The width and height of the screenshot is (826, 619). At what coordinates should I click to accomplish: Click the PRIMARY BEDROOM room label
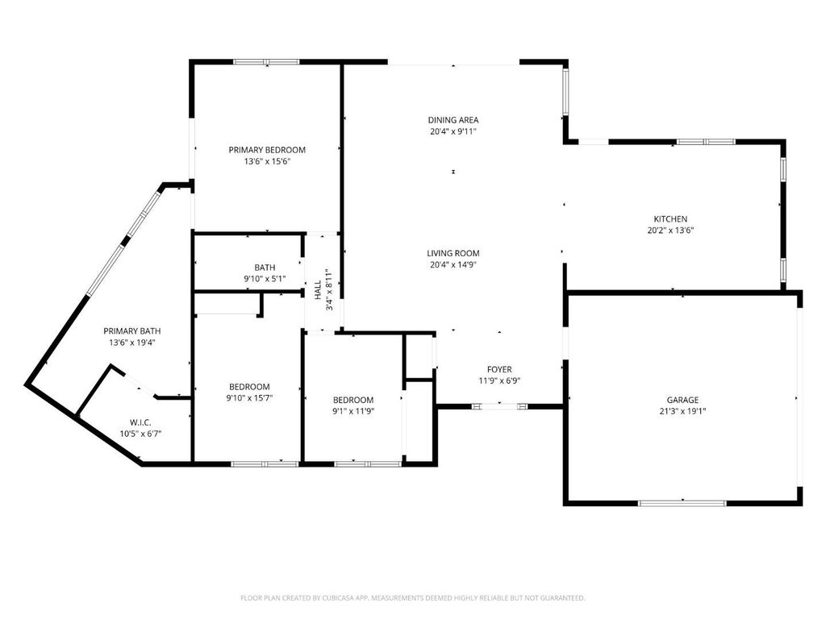(267, 150)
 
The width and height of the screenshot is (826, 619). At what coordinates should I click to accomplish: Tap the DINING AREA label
(453, 120)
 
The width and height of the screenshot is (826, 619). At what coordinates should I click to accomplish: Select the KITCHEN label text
(670, 219)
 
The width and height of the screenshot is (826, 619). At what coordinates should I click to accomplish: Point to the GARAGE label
(682, 400)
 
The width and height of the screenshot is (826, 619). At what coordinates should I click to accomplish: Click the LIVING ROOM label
(453, 253)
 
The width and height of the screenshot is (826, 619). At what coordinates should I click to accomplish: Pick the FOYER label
(499, 369)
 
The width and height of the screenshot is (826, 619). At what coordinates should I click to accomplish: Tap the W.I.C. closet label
(140, 422)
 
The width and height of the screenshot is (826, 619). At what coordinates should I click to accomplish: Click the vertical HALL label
(318, 290)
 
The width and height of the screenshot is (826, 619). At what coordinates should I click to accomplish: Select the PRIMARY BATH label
(131, 331)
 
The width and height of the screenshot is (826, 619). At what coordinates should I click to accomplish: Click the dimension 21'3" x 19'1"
(682, 412)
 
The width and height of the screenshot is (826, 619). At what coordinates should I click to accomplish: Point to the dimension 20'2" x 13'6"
(670, 231)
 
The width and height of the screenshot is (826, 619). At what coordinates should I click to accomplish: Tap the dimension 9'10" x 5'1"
(265, 279)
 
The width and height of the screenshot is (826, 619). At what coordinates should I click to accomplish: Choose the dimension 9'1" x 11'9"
(353, 412)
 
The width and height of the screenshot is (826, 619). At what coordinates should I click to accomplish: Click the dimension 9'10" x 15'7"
(249, 398)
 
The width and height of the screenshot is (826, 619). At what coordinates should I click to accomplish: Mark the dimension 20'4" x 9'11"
(453, 131)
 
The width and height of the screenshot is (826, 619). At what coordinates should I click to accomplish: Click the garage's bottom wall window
(682, 504)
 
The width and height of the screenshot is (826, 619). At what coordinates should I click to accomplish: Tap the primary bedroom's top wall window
(266, 62)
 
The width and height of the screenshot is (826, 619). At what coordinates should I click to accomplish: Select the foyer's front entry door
(499, 406)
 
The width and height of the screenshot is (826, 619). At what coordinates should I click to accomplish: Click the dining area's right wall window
(565, 92)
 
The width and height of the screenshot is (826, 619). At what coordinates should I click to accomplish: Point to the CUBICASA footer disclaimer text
(412, 598)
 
